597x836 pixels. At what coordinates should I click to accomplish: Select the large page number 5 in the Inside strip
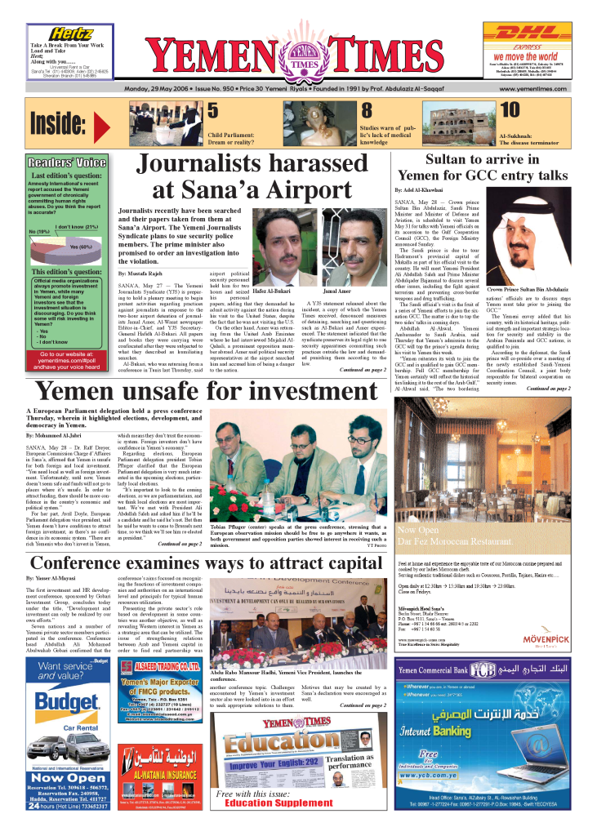212,110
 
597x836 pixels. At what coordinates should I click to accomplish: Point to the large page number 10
510,110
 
